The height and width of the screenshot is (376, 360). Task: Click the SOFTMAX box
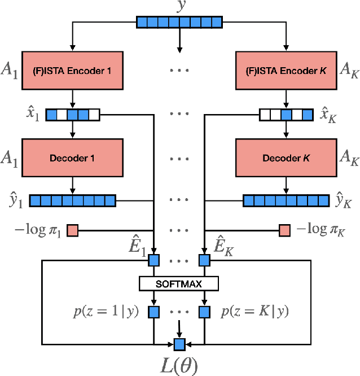point(179,283)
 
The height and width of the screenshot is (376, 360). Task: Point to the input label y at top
point(180,7)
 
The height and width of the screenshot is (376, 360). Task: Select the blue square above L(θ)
point(179,343)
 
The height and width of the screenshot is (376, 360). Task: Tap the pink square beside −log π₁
point(73,230)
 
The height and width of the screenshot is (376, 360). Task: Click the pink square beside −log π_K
point(286,230)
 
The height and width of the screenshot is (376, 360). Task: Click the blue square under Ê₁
point(154,260)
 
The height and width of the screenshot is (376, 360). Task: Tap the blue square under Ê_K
point(204,260)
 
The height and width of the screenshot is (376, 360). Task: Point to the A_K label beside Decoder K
point(347,159)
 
